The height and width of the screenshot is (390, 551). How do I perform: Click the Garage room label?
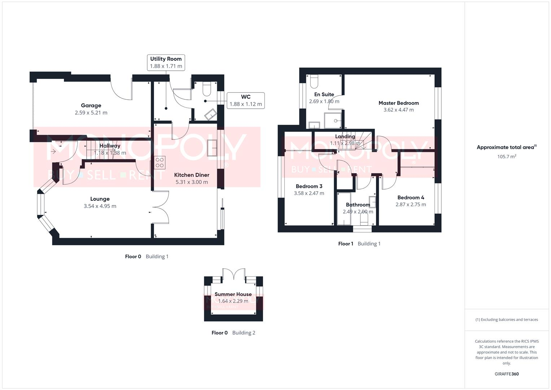click(x=91, y=105)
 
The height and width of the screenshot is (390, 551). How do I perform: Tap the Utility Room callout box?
click(x=166, y=62)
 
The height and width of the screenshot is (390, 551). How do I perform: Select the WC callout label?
click(x=245, y=100)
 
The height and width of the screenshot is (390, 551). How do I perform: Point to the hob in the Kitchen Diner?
click(x=159, y=162)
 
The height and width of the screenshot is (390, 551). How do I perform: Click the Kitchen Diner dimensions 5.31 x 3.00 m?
click(x=192, y=182)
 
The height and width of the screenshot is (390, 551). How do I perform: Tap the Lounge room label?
click(x=100, y=199)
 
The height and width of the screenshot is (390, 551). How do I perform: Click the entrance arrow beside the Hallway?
click(x=53, y=152)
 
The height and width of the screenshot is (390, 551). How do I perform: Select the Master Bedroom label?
click(x=398, y=103)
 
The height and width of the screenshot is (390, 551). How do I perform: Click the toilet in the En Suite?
click(x=313, y=82)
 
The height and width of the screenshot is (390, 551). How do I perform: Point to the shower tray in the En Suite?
click(x=334, y=121)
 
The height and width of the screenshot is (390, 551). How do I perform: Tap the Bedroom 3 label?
click(x=309, y=186)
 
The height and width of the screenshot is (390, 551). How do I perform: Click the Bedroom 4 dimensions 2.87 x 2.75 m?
click(x=411, y=204)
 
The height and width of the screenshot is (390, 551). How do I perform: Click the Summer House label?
click(x=233, y=294)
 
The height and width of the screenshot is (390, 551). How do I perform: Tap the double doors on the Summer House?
click(x=233, y=274)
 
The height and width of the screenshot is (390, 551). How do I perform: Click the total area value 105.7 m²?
click(x=506, y=156)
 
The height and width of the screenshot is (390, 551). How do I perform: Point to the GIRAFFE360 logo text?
click(x=506, y=374)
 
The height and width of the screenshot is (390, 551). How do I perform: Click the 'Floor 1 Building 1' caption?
click(x=359, y=244)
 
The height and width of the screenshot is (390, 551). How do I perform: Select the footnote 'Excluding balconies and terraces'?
click(x=507, y=320)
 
